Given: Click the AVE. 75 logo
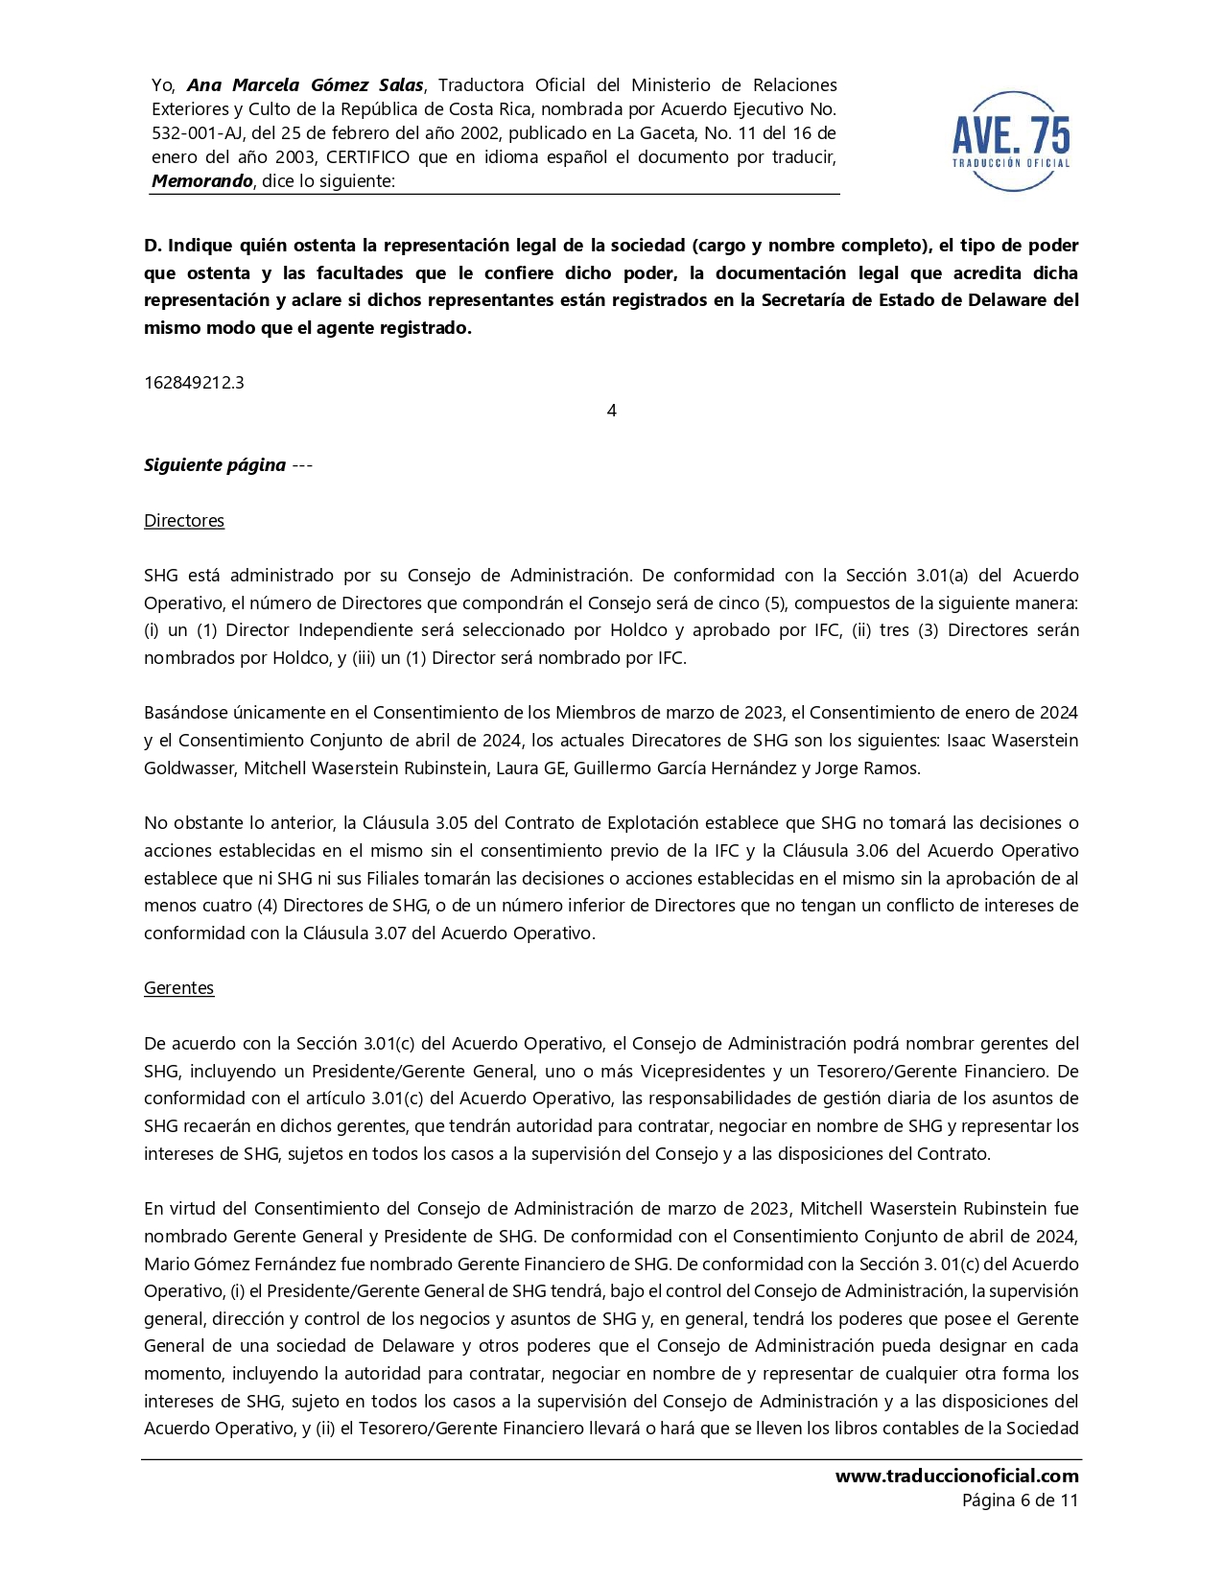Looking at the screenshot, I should (1011, 140).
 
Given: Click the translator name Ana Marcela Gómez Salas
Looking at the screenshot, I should (305, 85).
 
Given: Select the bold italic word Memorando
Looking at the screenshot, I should (201, 181).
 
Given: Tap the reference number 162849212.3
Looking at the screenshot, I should (194, 383).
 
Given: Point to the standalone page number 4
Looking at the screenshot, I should (612, 411).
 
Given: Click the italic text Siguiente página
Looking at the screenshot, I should (215, 465).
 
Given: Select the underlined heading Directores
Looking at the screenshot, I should (184, 521).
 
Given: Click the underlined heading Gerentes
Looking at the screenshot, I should (178, 988).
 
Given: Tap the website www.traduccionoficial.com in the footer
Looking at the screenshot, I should (956, 1477).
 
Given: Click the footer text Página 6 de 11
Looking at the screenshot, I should (1020, 1500).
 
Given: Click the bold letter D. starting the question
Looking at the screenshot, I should (153, 246).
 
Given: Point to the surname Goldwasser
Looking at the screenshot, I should (189, 768).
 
